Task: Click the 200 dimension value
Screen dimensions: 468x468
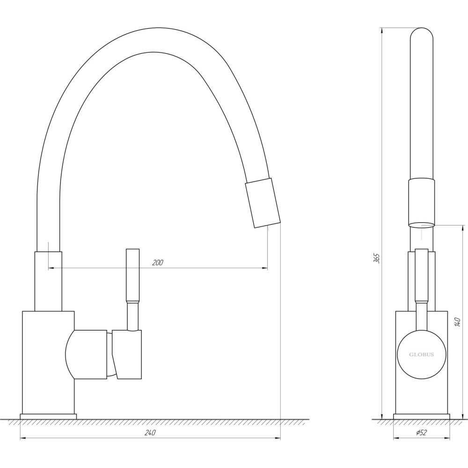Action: pos(158,263)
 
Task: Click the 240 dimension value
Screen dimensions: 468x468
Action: pos(150,433)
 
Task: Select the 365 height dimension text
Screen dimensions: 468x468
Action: pos(376,258)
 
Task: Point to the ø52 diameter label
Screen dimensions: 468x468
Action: pos(421,433)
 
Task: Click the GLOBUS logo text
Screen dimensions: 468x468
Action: pos(422,355)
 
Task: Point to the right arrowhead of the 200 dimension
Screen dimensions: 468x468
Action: pos(265,268)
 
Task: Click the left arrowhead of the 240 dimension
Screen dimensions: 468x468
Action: pos(22,439)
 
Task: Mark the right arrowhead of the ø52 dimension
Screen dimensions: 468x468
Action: pos(447,439)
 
